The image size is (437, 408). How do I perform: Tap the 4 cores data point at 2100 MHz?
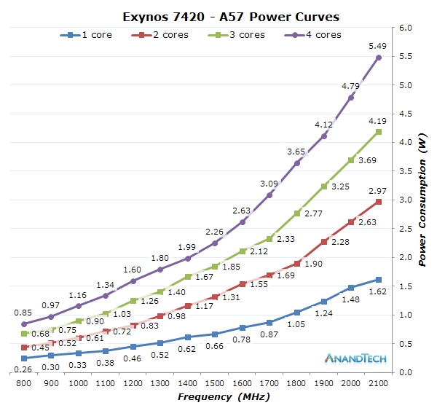pos(379,58)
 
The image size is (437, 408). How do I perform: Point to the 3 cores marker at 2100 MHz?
pos(379,132)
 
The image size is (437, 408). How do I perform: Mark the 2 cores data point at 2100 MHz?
pos(379,202)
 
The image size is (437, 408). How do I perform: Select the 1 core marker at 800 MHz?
pos(24,358)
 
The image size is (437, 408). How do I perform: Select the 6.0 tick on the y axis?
pos(406,28)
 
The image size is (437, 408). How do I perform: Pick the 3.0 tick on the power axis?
pos(406,200)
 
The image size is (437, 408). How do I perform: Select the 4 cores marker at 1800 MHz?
pos(297,163)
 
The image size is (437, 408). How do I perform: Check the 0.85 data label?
pos(25,311)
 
